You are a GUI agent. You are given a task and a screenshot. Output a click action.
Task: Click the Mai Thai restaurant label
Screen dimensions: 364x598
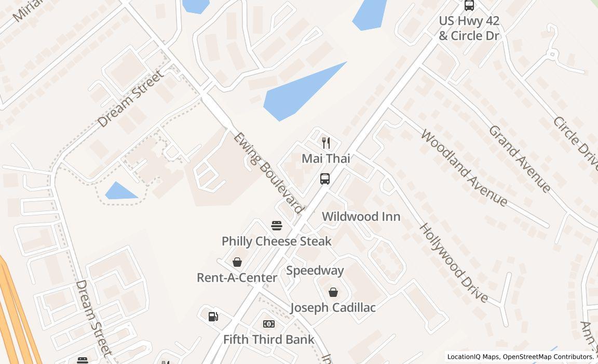(326, 158)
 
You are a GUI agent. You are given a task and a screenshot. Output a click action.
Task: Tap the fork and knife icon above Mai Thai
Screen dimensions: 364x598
(326, 142)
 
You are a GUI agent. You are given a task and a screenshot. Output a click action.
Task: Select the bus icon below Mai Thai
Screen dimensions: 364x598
(325, 179)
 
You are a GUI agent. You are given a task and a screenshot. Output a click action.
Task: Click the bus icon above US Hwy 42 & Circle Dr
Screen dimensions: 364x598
(469, 5)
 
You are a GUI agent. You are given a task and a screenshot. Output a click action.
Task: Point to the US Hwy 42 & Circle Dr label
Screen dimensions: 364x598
(469, 28)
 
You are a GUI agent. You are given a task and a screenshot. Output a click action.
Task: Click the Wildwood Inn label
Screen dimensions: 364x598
(361, 216)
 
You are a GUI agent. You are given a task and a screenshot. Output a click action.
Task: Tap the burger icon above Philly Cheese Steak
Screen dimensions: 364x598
(277, 226)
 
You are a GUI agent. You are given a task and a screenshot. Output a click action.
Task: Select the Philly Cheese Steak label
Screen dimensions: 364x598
(277, 241)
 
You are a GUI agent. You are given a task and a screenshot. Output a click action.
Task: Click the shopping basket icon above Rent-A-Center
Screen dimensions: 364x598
(237, 262)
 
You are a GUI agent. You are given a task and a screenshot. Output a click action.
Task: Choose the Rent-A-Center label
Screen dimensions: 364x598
(237, 278)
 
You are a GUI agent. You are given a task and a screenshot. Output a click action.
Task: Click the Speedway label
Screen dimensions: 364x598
(315, 270)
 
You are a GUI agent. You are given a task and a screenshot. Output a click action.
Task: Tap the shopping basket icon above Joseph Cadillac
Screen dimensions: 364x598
(333, 292)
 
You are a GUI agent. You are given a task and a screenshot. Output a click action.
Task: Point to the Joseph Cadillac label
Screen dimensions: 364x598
(333, 307)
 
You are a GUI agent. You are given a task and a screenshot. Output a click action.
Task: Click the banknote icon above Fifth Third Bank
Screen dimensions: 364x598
(269, 324)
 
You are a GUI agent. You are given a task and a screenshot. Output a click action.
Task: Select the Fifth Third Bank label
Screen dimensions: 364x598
(269, 340)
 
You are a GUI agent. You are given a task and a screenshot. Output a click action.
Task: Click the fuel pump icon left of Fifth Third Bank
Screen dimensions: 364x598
(213, 316)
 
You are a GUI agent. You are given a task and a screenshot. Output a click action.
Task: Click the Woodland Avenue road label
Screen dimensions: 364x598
(464, 167)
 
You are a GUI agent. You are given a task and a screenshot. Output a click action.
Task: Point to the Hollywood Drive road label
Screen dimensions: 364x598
(453, 263)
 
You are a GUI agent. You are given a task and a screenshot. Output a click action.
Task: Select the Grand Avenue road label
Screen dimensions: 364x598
(519, 159)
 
